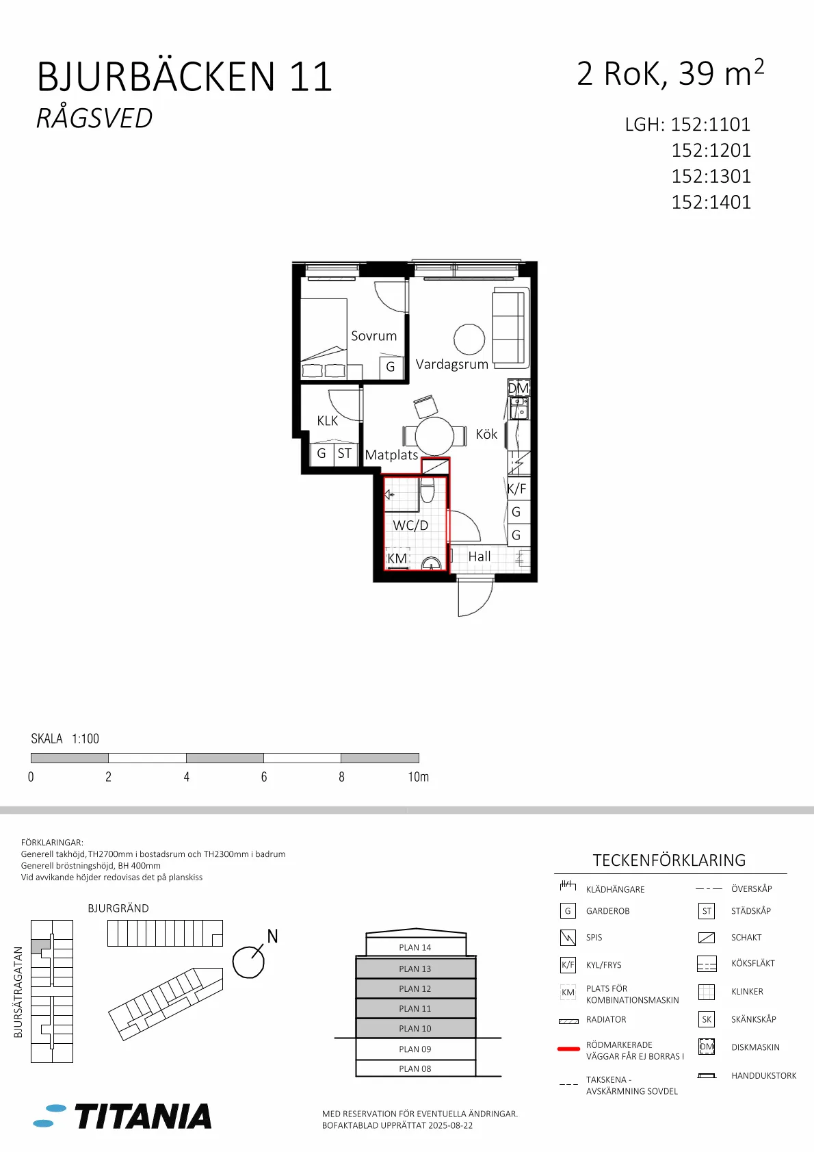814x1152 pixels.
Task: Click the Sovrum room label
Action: [x=373, y=336]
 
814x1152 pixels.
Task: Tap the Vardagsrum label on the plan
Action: [x=451, y=364]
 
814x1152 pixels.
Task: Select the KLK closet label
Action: [x=327, y=421]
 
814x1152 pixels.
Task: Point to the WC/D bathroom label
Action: [x=410, y=525]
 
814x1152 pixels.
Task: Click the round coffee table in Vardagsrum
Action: [x=469, y=340]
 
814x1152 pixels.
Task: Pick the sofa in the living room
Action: [x=510, y=328]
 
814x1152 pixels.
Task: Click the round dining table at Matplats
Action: [x=434, y=435]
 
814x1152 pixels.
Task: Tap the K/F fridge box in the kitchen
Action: [x=517, y=489]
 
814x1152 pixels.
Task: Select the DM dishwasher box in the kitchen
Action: [x=518, y=388]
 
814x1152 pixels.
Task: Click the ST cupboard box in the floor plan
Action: [x=345, y=454]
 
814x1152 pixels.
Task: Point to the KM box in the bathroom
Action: [x=397, y=558]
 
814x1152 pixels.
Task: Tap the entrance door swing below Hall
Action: [x=474, y=597]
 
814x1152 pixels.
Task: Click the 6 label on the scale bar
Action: [x=264, y=777]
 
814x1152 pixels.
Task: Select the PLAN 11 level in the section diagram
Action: [x=415, y=1008]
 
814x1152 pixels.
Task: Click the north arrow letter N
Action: [x=272, y=936]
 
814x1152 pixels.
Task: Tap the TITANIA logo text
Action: [x=143, y=1116]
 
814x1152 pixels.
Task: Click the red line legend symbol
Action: [x=568, y=1049]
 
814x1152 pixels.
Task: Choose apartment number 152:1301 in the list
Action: [x=711, y=177]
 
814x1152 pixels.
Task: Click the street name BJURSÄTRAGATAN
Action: [x=18, y=992]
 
